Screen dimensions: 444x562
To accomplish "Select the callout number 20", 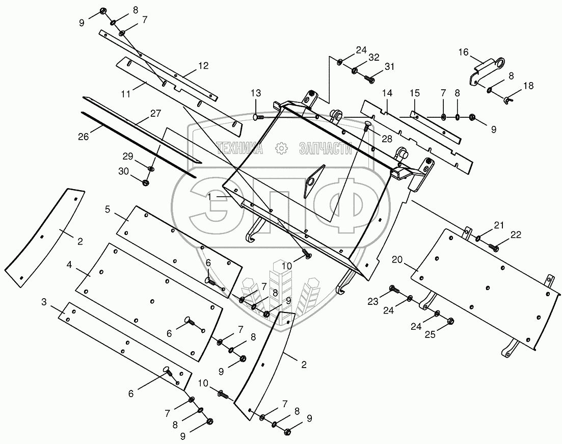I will point(398,259).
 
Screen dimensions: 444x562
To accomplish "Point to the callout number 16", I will point(463,52).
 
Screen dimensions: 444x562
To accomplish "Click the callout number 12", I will point(203,65).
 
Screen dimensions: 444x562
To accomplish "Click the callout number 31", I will point(389,67).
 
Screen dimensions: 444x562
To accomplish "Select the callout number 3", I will point(44,302).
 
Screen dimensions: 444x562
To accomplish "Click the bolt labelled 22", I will point(493,247).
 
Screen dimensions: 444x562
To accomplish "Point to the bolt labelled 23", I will point(393,290).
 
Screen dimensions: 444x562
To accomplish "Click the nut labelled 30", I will point(146,182).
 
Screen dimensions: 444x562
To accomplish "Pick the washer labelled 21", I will point(479,239).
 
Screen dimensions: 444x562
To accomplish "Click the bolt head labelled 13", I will point(257,117).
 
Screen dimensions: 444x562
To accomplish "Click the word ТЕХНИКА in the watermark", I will point(240,148).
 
